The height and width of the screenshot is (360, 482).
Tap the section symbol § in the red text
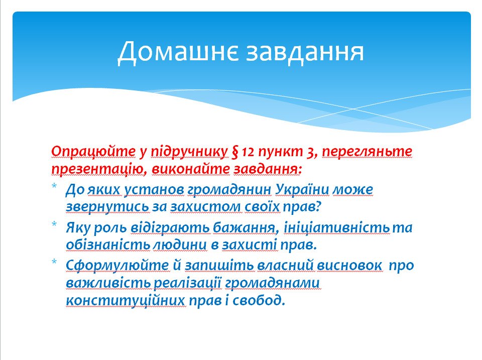pyautogui.click(x=235, y=152)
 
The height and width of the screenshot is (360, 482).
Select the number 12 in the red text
pyautogui.click(x=248, y=152)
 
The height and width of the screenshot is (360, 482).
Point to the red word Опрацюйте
pyautogui.click(x=93, y=152)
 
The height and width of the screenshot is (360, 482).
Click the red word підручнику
pyautogui.click(x=189, y=152)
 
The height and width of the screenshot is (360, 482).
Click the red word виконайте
pyautogui.click(x=191, y=169)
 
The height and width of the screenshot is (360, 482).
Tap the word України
pyautogui.click(x=302, y=190)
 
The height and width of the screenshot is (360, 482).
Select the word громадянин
pyautogui.click(x=229, y=190)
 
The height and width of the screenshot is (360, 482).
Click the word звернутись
pyautogui.click(x=107, y=207)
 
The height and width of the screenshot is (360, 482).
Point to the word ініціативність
pyautogui.click(x=336, y=228)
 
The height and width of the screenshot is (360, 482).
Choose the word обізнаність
pyautogui.click(x=108, y=245)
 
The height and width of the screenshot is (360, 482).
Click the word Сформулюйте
pyautogui.click(x=117, y=266)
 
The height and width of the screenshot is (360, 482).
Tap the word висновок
pyautogui.click(x=349, y=266)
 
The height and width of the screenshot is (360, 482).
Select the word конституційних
pyautogui.click(x=126, y=300)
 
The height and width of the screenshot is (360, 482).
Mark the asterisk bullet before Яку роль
pyautogui.click(x=54, y=224)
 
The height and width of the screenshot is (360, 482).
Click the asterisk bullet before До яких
pyautogui.click(x=54, y=186)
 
